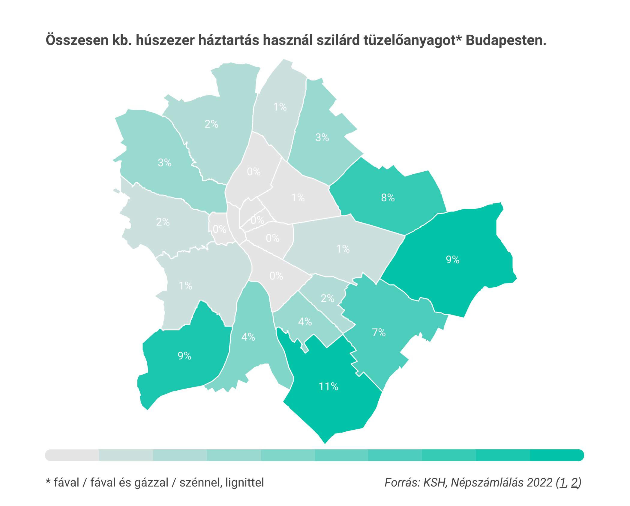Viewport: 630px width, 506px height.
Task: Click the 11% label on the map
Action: pos(328,386)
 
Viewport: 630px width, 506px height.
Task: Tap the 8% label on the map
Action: pos(388,198)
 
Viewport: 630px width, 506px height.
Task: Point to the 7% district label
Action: pos(379,333)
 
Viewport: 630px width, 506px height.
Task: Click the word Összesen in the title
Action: pos(76,40)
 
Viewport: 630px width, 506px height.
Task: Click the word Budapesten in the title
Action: pos(505,40)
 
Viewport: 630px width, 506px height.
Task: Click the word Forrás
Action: pos(402,483)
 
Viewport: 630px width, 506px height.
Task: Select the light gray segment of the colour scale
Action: pos(72,455)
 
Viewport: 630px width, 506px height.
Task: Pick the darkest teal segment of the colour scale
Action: pos(557,455)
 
